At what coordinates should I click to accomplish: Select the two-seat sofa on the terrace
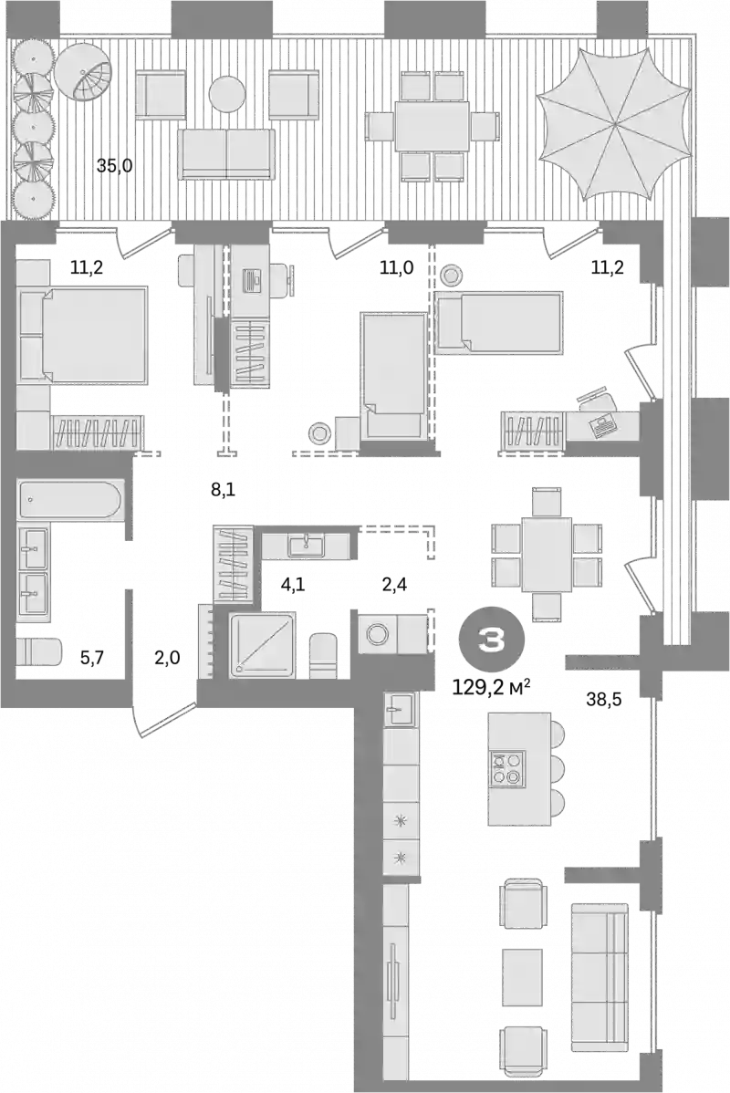(x=226, y=152)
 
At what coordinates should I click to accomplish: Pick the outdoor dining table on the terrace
(x=433, y=125)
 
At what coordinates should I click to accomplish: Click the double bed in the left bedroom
(x=91, y=334)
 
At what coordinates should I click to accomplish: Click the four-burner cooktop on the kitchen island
(x=506, y=768)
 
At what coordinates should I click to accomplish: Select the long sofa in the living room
(x=599, y=976)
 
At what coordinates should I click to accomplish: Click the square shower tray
(x=263, y=644)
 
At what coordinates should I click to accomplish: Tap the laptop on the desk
(x=602, y=424)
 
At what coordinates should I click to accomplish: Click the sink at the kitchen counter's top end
(x=400, y=707)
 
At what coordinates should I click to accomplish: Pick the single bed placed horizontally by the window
(x=498, y=321)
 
